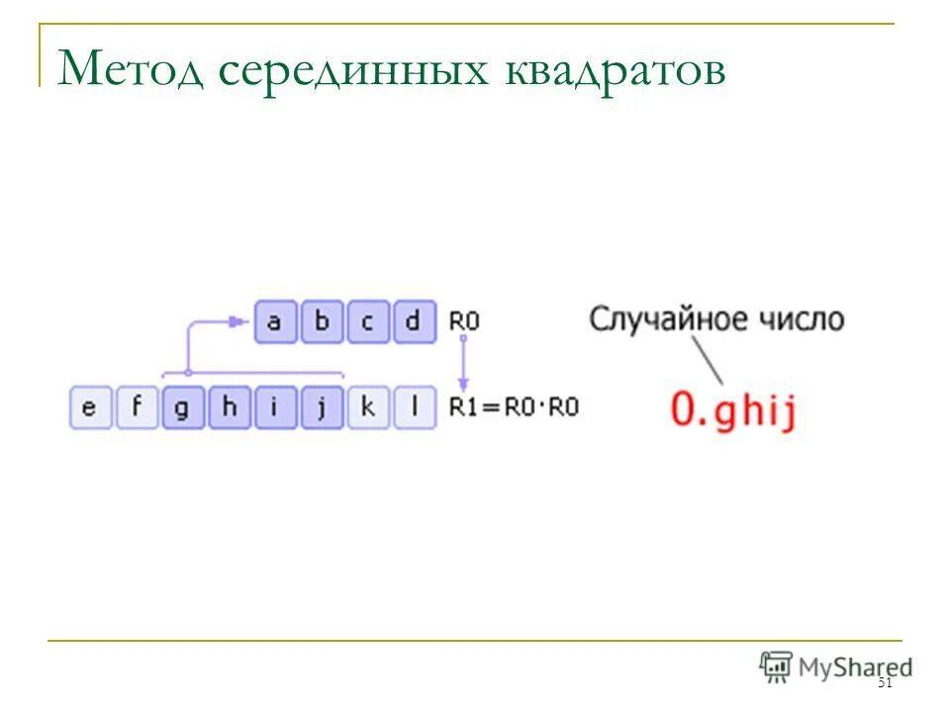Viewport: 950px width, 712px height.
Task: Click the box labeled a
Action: pyautogui.click(x=275, y=322)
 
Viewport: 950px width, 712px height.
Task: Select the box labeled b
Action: pyautogui.click(x=321, y=322)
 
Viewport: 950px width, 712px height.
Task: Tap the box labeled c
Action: pyautogui.click(x=367, y=322)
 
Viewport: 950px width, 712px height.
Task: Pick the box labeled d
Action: pyautogui.click(x=414, y=322)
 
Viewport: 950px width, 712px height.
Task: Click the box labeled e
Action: pyautogui.click(x=89, y=407)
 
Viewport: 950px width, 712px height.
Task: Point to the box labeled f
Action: pyautogui.click(x=136, y=407)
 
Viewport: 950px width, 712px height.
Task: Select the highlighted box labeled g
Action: pyautogui.click(x=182, y=407)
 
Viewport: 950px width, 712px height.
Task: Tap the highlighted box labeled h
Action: pyautogui.click(x=229, y=407)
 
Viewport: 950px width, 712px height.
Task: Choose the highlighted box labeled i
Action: pyautogui.click(x=275, y=407)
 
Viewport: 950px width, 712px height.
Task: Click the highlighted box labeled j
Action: pyautogui.click(x=322, y=407)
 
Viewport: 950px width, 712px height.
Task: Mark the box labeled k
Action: pyautogui.click(x=368, y=407)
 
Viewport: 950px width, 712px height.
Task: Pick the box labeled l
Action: pyautogui.click(x=415, y=407)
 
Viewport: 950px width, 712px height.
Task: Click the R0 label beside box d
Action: pyautogui.click(x=463, y=321)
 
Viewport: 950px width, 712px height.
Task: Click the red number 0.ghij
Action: pyautogui.click(x=732, y=409)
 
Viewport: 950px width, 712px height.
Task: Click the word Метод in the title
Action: pyautogui.click(x=133, y=71)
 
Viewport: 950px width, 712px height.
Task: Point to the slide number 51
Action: pyautogui.click(x=885, y=683)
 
